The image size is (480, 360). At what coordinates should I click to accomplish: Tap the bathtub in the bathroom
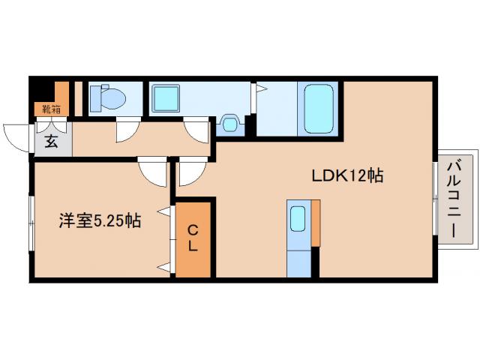319,109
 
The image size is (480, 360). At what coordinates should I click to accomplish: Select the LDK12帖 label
348,175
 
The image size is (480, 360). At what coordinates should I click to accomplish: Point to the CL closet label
193,238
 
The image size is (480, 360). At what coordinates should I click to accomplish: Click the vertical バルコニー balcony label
455,199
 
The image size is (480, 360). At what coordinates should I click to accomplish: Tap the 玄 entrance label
51,142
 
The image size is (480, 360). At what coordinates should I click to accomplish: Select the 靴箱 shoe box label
51,109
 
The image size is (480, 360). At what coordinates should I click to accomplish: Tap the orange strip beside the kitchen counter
316,223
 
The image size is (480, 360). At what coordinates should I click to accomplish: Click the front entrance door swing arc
16,137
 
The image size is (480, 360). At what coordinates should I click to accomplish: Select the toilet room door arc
127,131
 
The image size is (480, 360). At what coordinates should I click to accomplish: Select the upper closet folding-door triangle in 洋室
164,212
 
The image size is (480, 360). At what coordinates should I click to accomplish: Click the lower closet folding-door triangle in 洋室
164,265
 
